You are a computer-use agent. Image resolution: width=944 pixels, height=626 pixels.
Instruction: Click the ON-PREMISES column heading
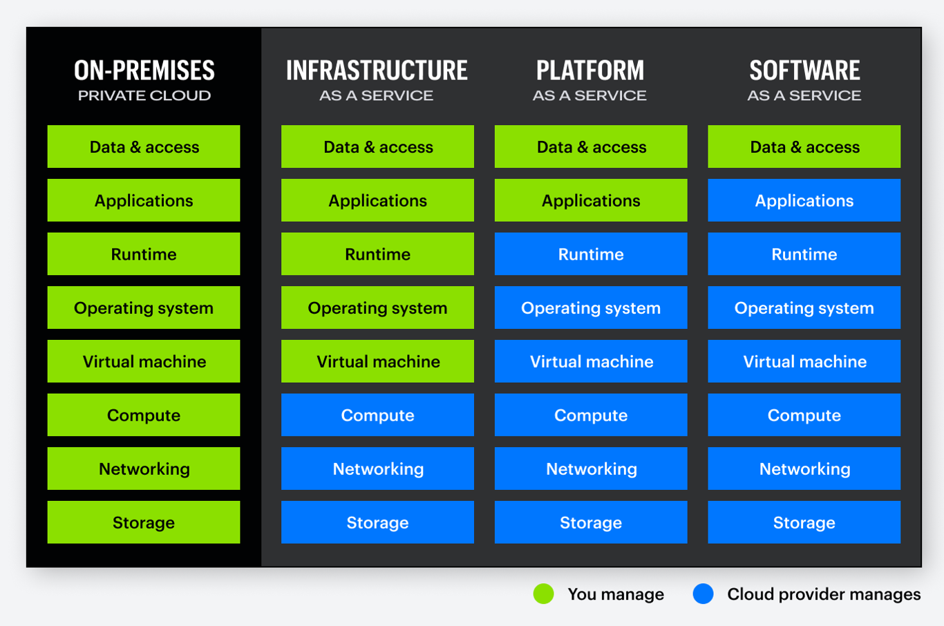144,70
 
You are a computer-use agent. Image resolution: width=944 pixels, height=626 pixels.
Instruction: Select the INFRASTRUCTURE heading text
377,70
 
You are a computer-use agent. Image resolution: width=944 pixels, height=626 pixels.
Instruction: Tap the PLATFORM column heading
590,70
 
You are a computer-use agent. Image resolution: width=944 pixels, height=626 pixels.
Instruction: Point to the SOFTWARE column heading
804,70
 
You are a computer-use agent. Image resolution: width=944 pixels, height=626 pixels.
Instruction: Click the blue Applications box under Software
804,200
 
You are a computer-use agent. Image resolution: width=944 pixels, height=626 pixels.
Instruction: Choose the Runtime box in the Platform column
591,254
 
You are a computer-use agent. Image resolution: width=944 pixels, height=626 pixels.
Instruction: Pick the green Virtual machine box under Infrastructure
377,361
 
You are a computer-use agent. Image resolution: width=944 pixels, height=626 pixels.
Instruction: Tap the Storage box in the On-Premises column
144,522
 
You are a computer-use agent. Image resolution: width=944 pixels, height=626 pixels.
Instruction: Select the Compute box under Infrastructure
377,415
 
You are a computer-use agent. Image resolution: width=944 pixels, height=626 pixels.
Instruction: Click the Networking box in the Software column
804,469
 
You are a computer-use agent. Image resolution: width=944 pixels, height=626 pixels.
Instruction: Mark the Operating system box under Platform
591,308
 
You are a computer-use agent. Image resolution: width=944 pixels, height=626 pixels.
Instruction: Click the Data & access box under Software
804,146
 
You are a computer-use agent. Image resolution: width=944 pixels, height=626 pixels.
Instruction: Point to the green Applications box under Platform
591,200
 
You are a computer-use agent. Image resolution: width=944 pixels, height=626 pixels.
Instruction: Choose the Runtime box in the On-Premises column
144,254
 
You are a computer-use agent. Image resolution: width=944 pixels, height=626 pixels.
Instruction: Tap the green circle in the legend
544,594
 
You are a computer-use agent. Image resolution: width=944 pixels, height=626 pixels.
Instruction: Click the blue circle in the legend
703,594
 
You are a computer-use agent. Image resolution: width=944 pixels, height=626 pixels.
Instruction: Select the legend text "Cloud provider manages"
824,594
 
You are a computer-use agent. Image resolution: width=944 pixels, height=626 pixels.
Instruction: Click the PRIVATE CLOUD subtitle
144,96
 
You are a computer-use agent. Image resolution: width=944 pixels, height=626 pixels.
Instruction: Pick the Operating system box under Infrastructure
377,308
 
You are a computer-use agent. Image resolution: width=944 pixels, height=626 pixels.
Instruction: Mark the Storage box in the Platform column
591,522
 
